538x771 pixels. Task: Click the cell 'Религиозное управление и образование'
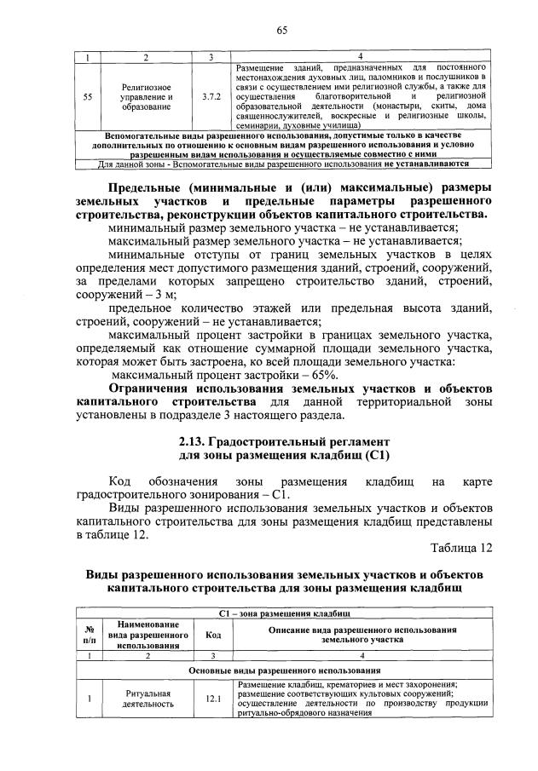coord(146,97)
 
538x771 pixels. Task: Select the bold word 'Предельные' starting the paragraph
coord(146,187)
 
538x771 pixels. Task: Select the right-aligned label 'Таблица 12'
coord(461,548)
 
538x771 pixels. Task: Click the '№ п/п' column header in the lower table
coord(88,635)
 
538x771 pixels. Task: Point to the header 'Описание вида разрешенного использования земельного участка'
coord(362,633)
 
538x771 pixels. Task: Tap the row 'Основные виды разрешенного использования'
coord(284,671)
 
